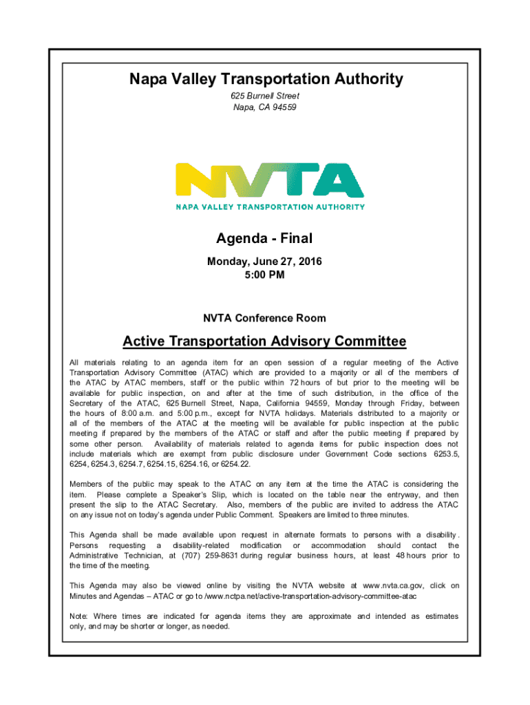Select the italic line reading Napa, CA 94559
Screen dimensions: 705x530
click(x=265, y=107)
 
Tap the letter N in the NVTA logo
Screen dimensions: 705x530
click(x=196, y=181)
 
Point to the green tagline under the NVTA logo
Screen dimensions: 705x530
click(x=270, y=206)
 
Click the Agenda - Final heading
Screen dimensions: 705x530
click(x=264, y=239)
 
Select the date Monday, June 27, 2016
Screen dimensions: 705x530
click(x=264, y=262)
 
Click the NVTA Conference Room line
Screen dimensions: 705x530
click(x=264, y=318)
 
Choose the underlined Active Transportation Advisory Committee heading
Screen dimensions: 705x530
click(x=264, y=341)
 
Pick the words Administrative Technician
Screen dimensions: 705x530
click(x=109, y=556)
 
